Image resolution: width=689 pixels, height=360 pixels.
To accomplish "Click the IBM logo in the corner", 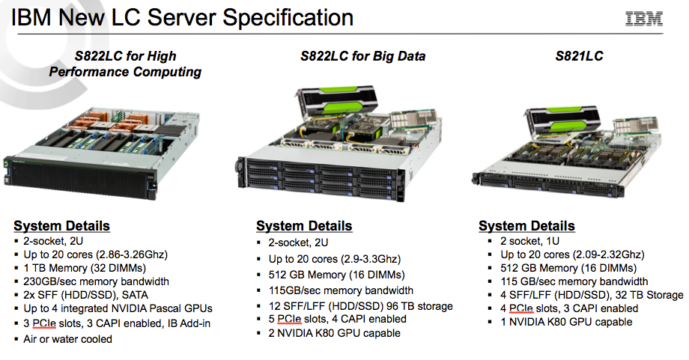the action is click(644, 19).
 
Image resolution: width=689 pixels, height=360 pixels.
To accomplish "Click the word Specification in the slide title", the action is click(288, 19).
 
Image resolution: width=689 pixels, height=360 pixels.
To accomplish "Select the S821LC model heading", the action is click(579, 55).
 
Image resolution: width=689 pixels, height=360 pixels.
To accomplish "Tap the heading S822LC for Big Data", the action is click(362, 56).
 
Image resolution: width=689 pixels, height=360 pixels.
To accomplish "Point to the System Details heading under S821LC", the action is click(526, 226).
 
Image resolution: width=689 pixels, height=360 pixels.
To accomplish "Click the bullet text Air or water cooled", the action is click(67, 339).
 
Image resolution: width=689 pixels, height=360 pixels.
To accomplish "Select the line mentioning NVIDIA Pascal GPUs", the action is click(118, 308).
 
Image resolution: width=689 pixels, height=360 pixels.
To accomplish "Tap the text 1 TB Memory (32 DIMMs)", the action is click(85, 268).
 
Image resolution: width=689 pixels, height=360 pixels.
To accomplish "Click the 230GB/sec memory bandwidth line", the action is click(96, 281).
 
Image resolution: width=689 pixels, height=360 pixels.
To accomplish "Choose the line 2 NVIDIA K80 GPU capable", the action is click(335, 333).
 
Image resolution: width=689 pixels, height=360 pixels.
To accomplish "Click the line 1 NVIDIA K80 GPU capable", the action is click(566, 322).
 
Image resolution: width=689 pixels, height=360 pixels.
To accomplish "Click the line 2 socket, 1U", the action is click(529, 241).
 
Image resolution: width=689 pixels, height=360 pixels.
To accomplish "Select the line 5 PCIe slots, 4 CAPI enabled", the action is click(338, 319).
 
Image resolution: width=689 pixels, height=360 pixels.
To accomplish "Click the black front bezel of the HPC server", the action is click(79, 180).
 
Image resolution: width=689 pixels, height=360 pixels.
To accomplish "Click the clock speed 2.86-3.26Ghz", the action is click(131, 254).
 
